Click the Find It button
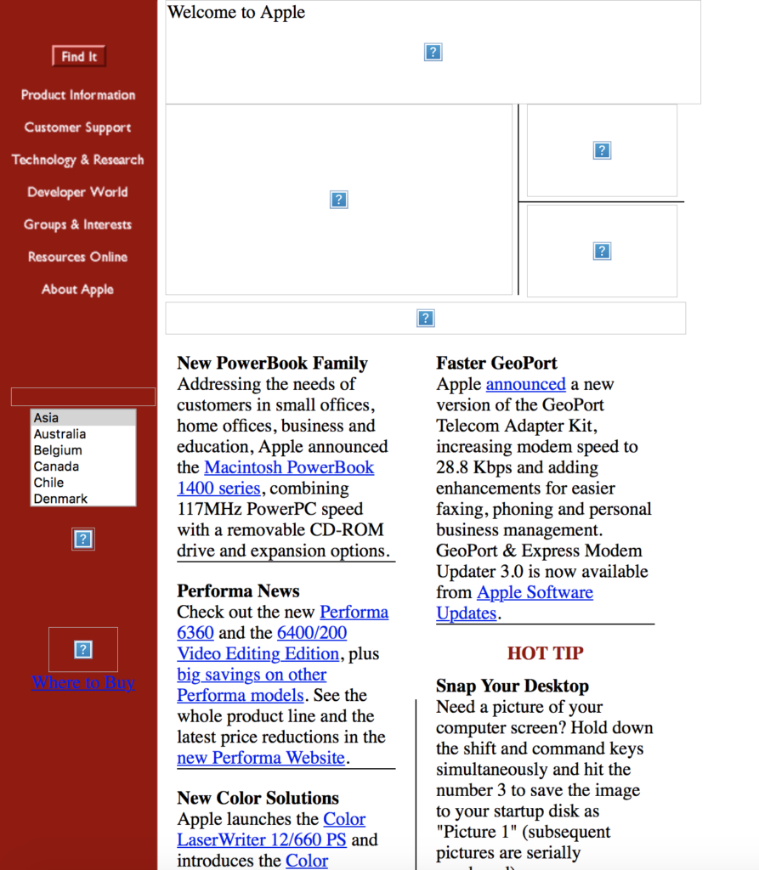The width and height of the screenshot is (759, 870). [78, 56]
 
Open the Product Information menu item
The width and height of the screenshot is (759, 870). [78, 95]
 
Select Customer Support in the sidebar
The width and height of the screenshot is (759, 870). [78, 127]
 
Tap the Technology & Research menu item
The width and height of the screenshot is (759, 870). [78, 160]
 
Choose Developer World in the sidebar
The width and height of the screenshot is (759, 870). [78, 192]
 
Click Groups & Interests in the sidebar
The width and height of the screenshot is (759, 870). [78, 224]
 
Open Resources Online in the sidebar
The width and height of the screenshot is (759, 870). [78, 257]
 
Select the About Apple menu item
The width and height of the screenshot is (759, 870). [78, 289]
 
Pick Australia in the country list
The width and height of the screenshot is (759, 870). [59, 434]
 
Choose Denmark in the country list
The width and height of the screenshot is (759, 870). [60, 499]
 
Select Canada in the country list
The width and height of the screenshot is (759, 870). [56, 466]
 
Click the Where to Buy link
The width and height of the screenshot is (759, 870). [83, 682]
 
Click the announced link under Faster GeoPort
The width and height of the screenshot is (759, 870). [525, 384]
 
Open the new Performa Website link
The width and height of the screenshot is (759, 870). [261, 758]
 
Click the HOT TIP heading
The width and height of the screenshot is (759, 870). [545, 653]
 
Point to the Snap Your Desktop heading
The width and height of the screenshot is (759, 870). [512, 686]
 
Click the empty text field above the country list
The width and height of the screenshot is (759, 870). [83, 397]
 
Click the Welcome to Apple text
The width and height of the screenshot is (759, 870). [236, 13]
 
